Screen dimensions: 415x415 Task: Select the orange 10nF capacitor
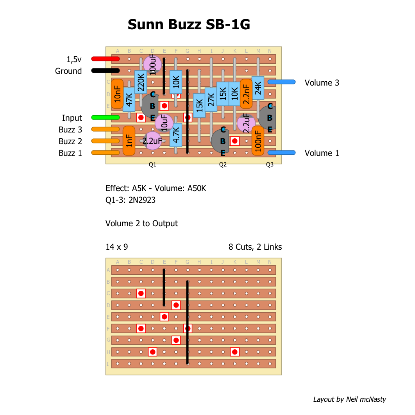pyautogui.click(x=117, y=94)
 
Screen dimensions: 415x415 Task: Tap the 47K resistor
pyautogui.click(x=129, y=100)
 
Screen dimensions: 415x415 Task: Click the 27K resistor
pyautogui.click(x=211, y=100)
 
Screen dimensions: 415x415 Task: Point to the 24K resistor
pyautogui.click(x=258, y=88)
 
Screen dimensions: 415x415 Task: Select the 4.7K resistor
pyautogui.click(x=176, y=135)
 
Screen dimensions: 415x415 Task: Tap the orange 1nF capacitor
pyautogui.click(x=129, y=141)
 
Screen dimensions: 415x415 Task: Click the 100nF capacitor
pyautogui.click(x=258, y=141)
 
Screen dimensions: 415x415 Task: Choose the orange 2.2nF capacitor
pyautogui.click(x=246, y=94)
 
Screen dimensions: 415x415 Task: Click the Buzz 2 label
pyautogui.click(x=70, y=141)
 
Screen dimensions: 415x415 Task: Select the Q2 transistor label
pyautogui.click(x=223, y=165)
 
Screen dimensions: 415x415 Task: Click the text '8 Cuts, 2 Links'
pyautogui.click(x=255, y=247)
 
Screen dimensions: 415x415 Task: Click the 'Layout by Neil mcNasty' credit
pyautogui.click(x=349, y=399)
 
